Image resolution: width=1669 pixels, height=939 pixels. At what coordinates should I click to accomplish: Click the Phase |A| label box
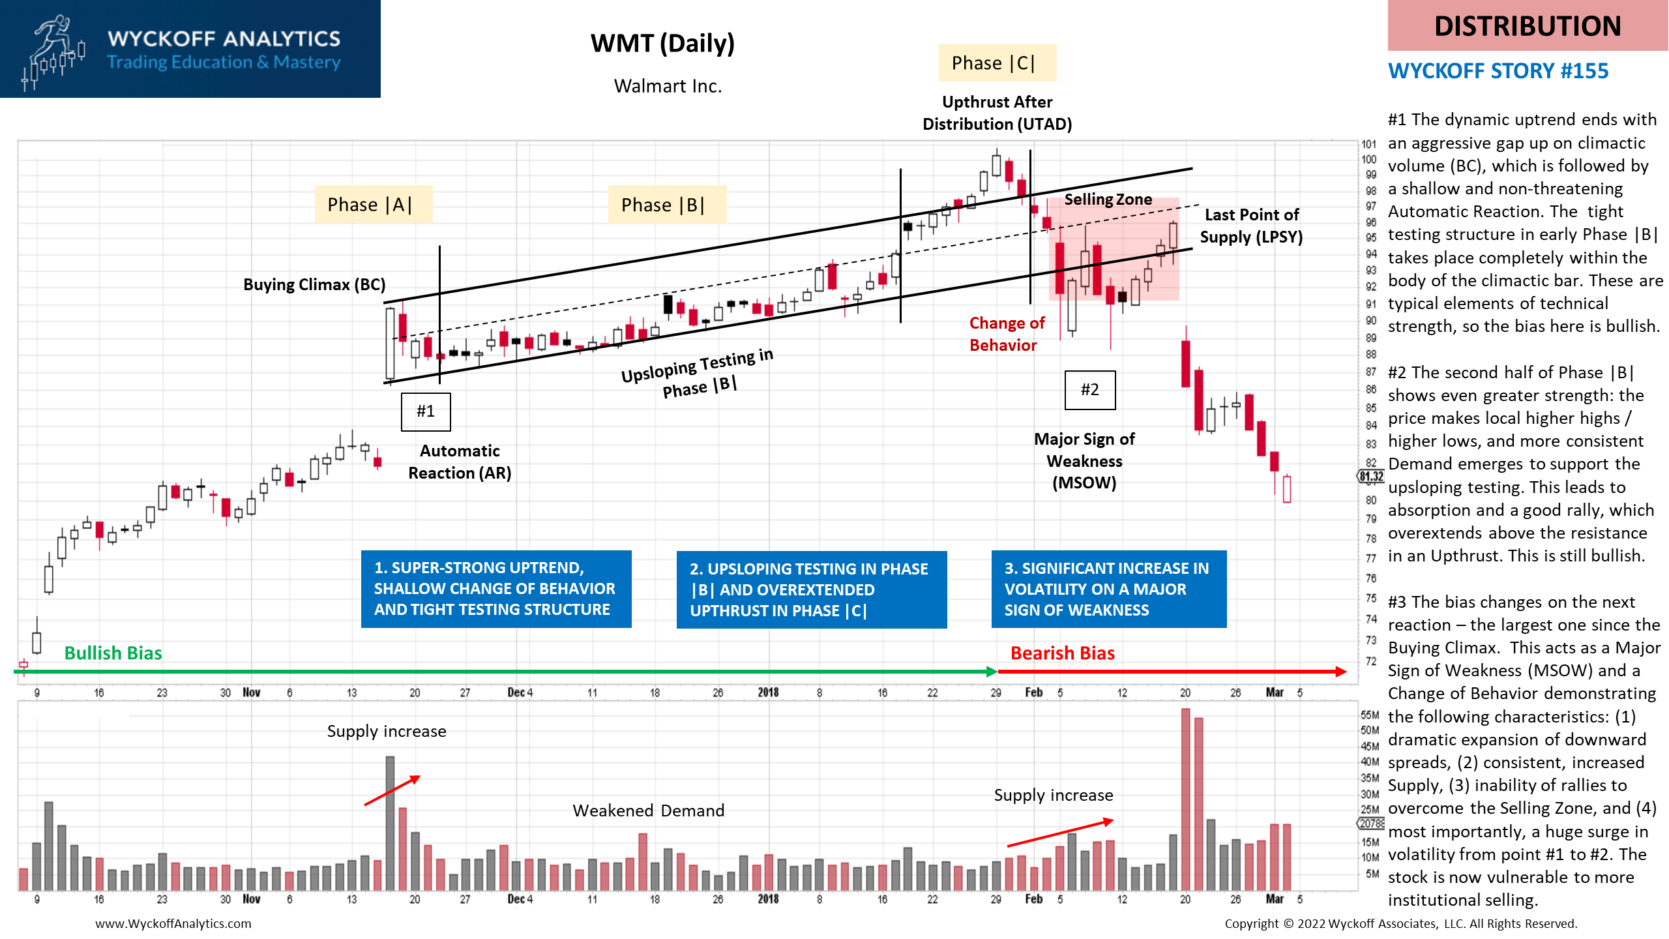pos(374,205)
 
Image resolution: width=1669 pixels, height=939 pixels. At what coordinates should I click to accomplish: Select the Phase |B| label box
pos(667,205)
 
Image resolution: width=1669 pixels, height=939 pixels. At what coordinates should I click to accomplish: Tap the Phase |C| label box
pos(997,63)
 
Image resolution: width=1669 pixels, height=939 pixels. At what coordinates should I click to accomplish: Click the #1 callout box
pos(426,411)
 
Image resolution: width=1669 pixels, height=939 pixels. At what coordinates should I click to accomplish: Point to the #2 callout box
pos(1090,390)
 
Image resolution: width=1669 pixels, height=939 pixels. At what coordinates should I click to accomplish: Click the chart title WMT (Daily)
pos(662,44)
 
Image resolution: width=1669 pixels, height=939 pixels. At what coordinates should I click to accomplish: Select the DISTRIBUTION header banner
pos(1528,25)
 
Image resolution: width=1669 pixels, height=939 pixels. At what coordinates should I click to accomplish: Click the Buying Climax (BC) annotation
pos(314,285)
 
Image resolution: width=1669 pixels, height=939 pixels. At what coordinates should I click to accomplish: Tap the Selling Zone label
pos(1108,200)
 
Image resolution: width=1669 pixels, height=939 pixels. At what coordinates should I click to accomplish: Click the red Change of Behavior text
pos(1007,334)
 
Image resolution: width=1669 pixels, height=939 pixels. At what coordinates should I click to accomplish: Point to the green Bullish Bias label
pos(113,653)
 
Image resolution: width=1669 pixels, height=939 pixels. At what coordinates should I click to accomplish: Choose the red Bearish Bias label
pos(1063,653)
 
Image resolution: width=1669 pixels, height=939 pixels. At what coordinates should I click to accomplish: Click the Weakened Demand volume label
pos(649,811)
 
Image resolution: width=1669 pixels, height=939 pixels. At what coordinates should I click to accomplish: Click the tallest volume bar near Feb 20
pos(1185,799)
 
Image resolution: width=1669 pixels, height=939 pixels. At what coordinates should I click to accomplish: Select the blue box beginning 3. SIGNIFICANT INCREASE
pos(1109,589)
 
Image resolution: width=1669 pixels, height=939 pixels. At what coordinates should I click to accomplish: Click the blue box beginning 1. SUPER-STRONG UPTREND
pos(496,589)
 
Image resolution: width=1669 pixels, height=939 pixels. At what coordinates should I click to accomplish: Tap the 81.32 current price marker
pos(1371,477)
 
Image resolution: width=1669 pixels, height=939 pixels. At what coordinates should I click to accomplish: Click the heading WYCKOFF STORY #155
pos(1498,70)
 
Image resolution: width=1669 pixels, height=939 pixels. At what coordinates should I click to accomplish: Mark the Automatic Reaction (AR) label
pos(460,462)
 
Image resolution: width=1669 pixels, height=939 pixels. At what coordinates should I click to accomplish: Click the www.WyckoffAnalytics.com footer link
pos(173,923)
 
